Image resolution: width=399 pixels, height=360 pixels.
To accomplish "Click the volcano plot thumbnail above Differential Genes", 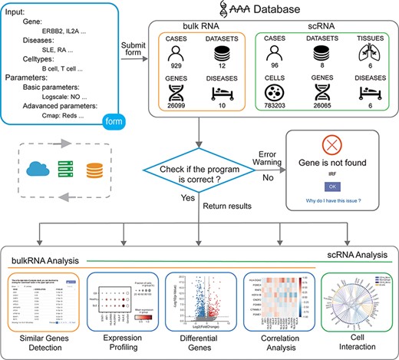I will coord(202,302).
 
